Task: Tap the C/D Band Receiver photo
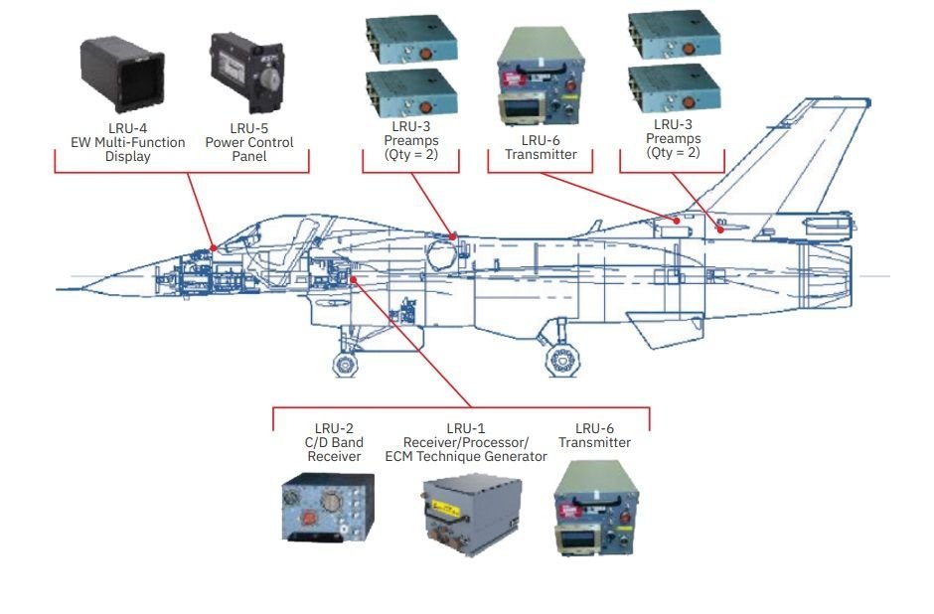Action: tap(326, 507)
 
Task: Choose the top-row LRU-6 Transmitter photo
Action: tap(540, 75)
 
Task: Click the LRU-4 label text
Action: tap(120, 128)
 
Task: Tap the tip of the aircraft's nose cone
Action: tap(58, 289)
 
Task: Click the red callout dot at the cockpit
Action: tap(214, 247)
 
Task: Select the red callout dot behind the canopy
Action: tap(453, 236)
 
